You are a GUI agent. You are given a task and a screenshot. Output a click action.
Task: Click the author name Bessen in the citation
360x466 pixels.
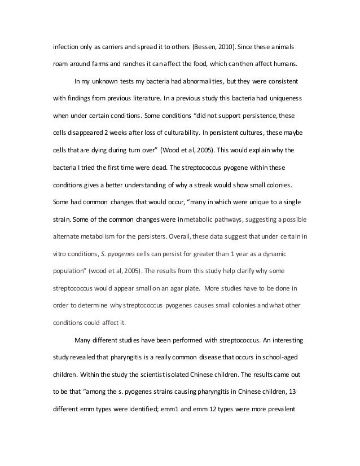(x=208, y=46)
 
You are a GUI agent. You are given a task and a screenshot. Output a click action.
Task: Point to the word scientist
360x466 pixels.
(x=155, y=375)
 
